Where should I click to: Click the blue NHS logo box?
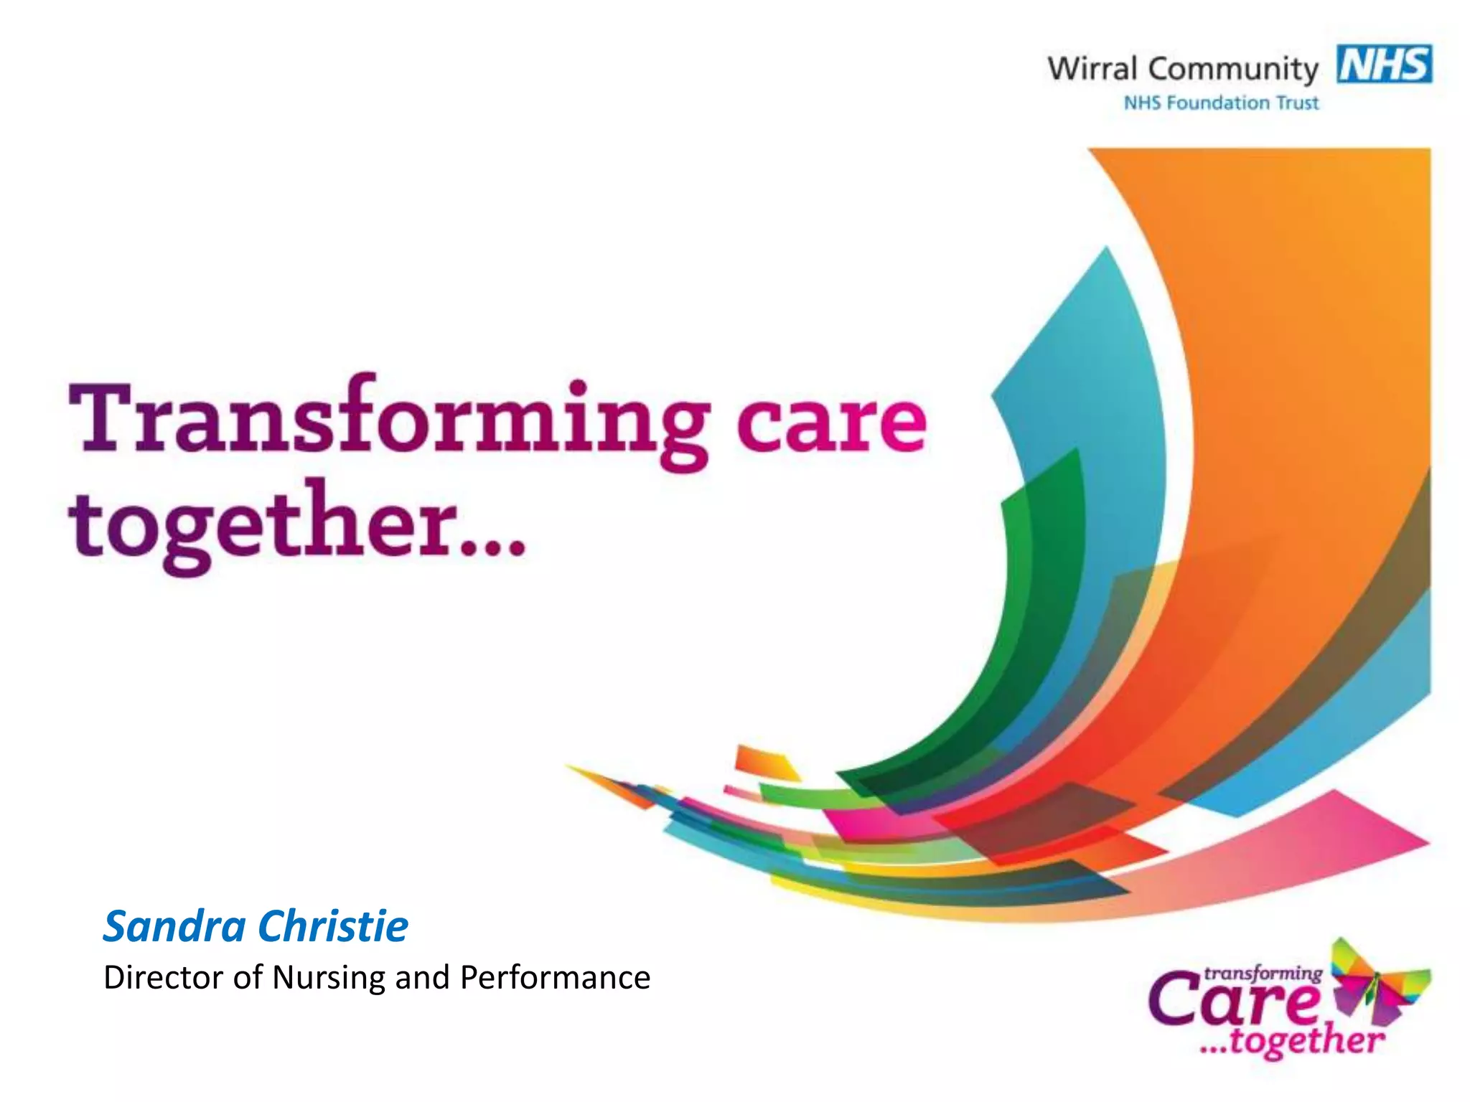[1384, 65]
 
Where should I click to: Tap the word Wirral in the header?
[1092, 69]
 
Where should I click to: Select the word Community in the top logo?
[1232, 70]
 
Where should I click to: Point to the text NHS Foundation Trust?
[1221, 103]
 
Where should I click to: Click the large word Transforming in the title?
[388, 420]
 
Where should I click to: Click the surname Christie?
[333, 926]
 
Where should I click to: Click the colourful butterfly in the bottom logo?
[1378, 979]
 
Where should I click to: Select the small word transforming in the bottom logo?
[1263, 974]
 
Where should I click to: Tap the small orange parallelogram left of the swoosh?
[764, 762]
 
